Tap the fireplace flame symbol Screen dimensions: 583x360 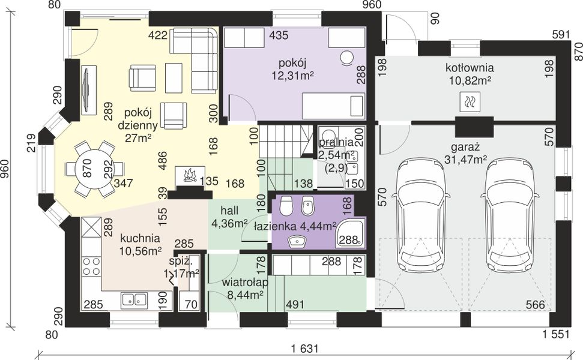[x=190, y=175]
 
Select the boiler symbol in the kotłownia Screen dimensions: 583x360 [x=470, y=101]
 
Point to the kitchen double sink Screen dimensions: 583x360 [x=134, y=299]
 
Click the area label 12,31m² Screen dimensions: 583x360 [x=293, y=76]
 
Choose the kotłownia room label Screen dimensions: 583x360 [x=470, y=68]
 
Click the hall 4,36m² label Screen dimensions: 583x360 [x=229, y=217]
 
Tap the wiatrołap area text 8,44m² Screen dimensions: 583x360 [x=246, y=295]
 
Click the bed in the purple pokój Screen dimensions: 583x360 [x=333, y=104]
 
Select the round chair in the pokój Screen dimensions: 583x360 [x=348, y=58]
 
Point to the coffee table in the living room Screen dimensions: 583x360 [x=174, y=78]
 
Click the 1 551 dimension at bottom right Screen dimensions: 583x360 [x=555, y=334]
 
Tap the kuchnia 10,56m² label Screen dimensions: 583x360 [x=140, y=245]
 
